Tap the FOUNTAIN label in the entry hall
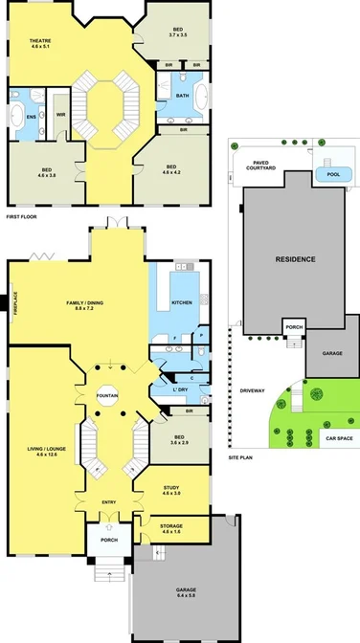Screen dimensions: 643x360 click(107, 392)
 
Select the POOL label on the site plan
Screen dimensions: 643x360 click(332, 175)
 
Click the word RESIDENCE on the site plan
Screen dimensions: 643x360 click(296, 259)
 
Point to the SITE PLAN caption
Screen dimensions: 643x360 click(241, 458)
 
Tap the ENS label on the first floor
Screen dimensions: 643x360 click(32, 118)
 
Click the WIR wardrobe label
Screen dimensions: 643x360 click(60, 114)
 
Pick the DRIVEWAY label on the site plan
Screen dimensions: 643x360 click(253, 390)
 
